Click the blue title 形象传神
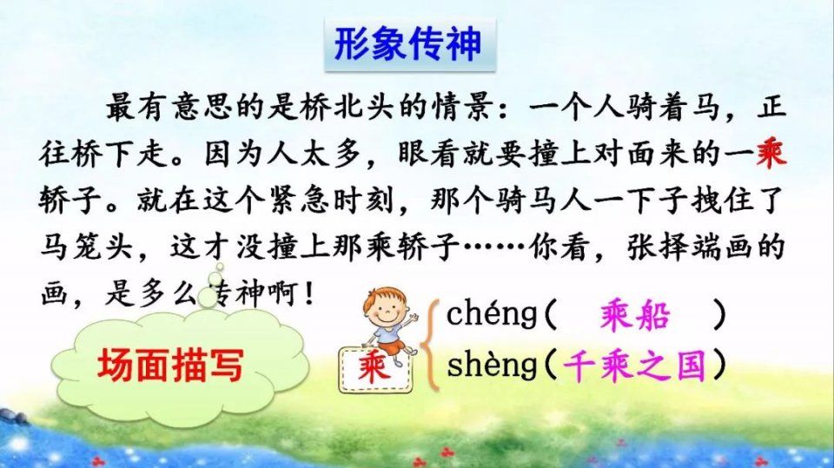(x=408, y=43)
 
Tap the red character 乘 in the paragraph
(x=771, y=155)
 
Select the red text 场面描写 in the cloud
(x=171, y=366)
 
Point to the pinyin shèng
(x=492, y=365)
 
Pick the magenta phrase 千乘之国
(x=634, y=366)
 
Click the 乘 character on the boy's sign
(x=374, y=369)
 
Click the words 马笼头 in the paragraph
(x=87, y=247)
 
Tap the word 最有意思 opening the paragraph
(x=170, y=108)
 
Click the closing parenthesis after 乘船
(x=719, y=315)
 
